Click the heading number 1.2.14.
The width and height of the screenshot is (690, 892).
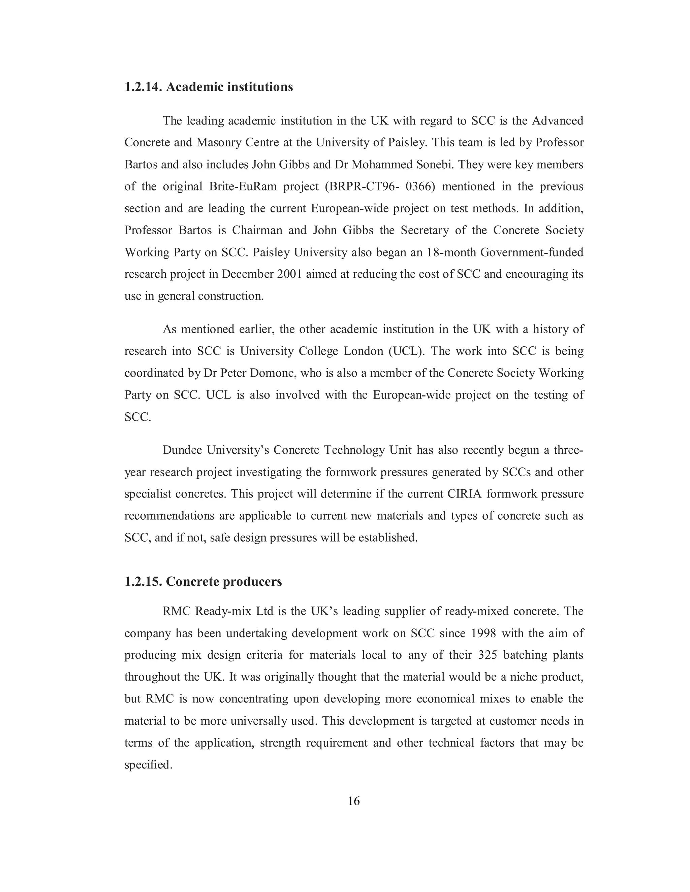click(144, 87)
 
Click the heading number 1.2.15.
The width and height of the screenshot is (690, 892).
click(144, 581)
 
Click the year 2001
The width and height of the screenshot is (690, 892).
click(289, 274)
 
